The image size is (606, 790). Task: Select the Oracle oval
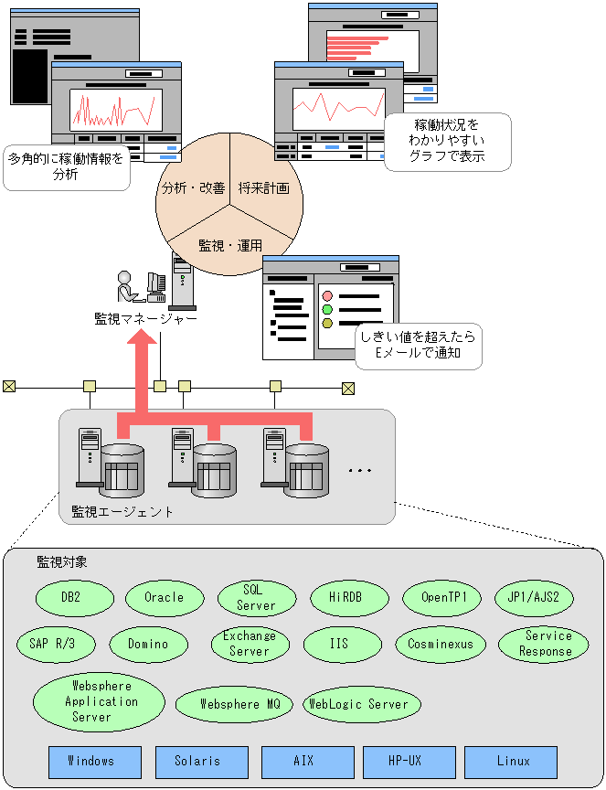click(165, 598)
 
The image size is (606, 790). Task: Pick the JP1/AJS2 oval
click(533, 598)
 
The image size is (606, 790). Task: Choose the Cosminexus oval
click(441, 644)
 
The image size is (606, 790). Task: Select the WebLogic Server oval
click(363, 704)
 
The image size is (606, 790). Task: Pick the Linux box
click(511, 762)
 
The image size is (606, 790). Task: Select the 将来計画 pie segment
click(265, 187)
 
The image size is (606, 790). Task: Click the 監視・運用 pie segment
click(229, 244)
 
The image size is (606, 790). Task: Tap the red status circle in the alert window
click(327, 296)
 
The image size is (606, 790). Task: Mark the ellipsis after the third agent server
click(360, 470)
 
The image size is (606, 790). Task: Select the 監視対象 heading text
click(61, 561)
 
